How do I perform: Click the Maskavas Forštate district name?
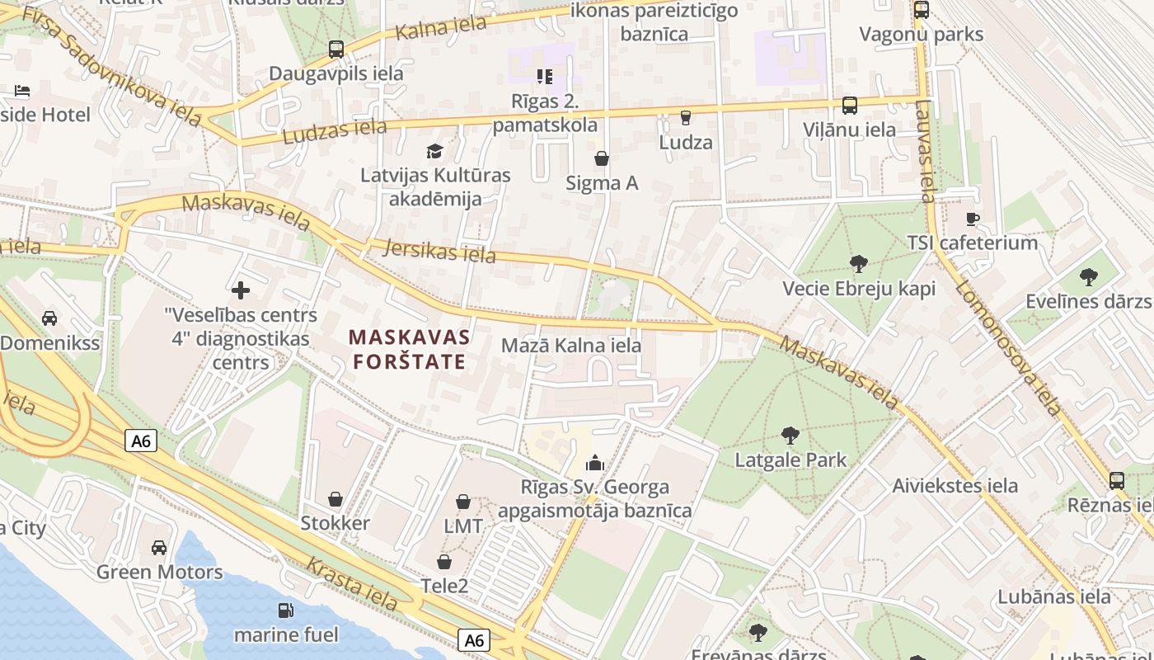pos(410,349)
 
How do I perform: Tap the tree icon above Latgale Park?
pos(790,435)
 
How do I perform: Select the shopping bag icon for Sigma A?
pos(602,158)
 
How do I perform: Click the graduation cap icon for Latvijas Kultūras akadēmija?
pos(434,151)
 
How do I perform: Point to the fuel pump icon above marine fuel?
pos(285,610)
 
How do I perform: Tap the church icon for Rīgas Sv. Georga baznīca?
pos(594,463)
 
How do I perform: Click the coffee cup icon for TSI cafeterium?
pos(973,219)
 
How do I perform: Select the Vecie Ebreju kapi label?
pos(858,289)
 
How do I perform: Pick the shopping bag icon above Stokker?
pos(335,499)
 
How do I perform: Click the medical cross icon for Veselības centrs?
pos(241,290)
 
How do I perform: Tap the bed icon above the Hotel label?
pos(22,90)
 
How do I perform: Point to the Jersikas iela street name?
pos(441,250)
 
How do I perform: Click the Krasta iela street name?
pos(351,583)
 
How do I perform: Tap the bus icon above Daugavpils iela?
pos(335,49)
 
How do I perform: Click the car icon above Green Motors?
pos(159,547)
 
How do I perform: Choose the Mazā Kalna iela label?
pos(571,345)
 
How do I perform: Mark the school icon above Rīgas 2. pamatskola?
pos(544,77)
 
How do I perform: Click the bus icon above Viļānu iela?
pos(849,106)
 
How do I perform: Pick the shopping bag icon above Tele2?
pos(444,562)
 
